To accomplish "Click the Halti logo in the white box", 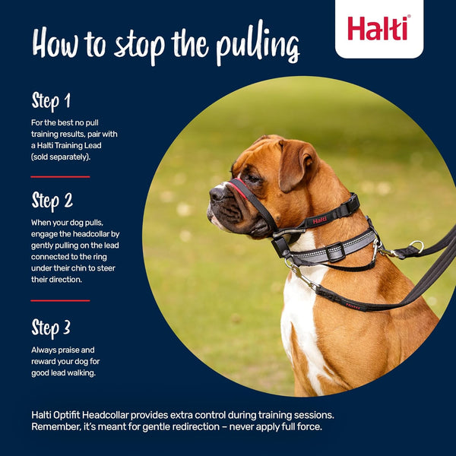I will tap(378, 28).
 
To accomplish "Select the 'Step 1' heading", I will tap(52, 101).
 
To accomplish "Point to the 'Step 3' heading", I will tap(51, 328).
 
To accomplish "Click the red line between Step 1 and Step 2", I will tap(60, 177).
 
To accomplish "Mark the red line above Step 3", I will tap(60, 301).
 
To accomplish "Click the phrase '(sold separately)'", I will tap(62, 156).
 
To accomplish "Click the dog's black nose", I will tap(217, 193).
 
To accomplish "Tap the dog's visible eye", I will tap(252, 178).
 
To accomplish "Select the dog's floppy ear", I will tap(296, 163).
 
